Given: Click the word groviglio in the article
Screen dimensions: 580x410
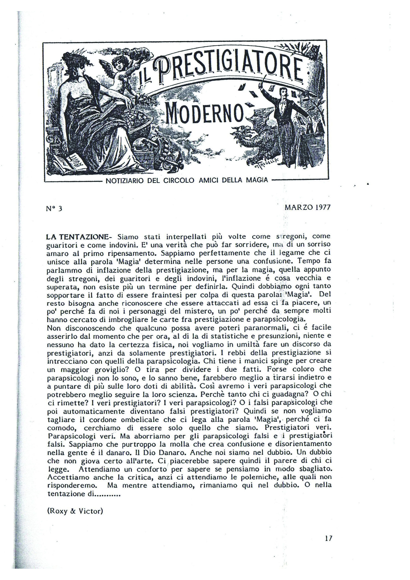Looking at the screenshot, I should [113, 370].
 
